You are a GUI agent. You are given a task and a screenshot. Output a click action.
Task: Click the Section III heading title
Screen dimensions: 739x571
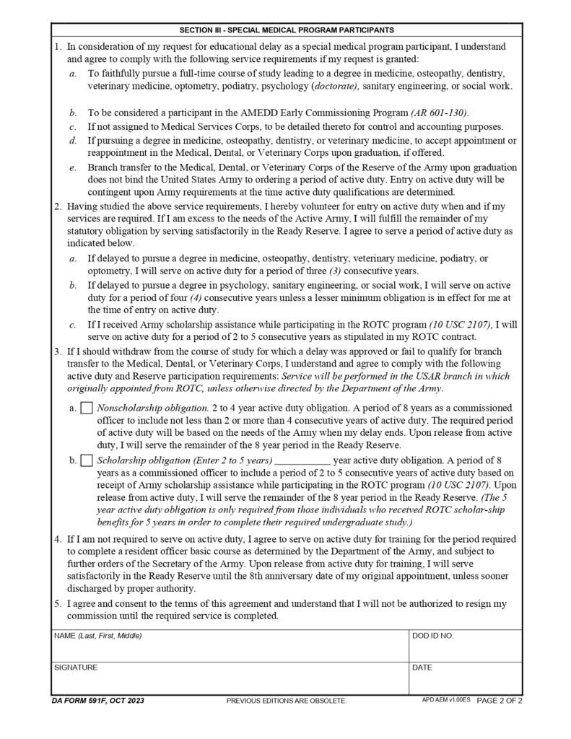(286, 30)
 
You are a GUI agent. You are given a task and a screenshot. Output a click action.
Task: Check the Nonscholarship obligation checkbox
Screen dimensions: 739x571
(87, 408)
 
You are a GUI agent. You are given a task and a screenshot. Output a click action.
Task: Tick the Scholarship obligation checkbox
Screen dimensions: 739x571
(87, 460)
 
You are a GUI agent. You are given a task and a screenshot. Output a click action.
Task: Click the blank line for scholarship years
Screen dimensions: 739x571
(303, 460)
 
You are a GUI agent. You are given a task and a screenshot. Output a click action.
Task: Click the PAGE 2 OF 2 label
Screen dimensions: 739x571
(499, 700)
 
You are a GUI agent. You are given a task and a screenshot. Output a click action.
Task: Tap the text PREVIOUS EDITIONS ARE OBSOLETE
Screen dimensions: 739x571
(287, 701)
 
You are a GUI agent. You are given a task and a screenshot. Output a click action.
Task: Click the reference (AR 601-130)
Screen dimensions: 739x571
(439, 113)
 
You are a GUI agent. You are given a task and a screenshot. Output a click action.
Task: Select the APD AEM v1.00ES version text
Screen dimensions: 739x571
(446, 700)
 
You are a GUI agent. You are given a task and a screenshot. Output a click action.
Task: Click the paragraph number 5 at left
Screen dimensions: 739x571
(58, 603)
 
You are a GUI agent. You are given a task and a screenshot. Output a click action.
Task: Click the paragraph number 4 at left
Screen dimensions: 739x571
(58, 539)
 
